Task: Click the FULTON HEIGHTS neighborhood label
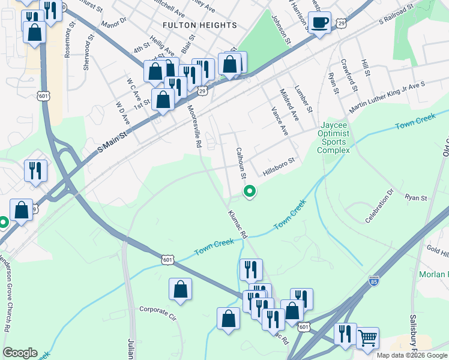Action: [200, 25]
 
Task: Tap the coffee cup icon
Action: [319, 23]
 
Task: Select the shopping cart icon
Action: [367, 337]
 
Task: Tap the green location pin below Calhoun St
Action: [249, 191]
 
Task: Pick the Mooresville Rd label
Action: [194, 127]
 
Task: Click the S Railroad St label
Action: [397, 15]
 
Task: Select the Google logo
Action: [20, 353]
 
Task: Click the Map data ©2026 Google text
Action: [411, 355]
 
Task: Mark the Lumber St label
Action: [305, 98]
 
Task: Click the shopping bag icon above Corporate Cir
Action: [180, 290]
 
